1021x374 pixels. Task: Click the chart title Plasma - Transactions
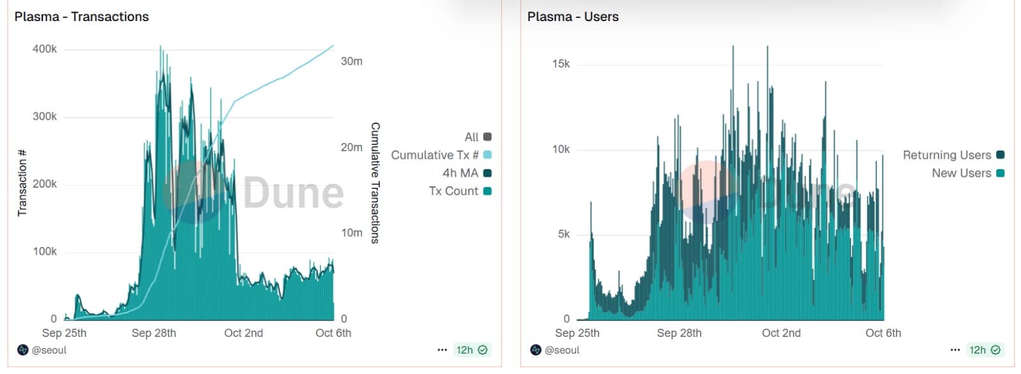pos(82,17)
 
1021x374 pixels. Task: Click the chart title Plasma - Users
pos(572,17)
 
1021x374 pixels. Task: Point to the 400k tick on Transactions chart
pos(45,49)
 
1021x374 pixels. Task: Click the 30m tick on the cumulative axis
pos(352,61)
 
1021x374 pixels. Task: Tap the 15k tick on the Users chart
pos(561,64)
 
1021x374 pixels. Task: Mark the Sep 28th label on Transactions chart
pos(154,333)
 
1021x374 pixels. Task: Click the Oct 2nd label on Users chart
pos(781,333)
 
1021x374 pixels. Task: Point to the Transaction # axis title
pos(22,183)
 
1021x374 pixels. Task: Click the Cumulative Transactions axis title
pos(375,183)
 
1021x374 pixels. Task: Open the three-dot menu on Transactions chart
pos(442,350)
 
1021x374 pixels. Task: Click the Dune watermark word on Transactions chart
pos(294,192)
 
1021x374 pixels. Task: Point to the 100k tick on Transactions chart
pos(45,251)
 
